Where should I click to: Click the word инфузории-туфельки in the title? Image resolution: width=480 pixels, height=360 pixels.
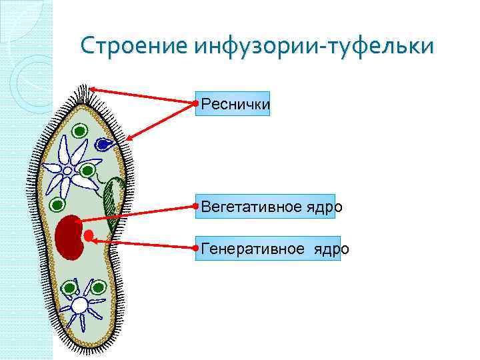click(x=314, y=47)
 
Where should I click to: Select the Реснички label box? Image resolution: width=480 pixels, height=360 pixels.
click(x=233, y=104)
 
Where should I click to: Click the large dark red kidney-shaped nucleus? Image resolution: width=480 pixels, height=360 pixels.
click(x=67, y=236)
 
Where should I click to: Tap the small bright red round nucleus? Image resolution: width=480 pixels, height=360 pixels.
click(x=89, y=235)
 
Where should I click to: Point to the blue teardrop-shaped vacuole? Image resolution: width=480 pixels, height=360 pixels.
click(x=103, y=143)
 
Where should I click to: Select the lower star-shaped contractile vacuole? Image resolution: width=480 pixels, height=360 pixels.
click(x=80, y=305)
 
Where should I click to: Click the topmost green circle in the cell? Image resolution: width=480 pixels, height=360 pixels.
click(x=79, y=131)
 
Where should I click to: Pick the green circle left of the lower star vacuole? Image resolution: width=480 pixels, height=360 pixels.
click(x=68, y=289)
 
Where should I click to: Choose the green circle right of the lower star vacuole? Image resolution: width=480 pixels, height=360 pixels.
click(x=98, y=288)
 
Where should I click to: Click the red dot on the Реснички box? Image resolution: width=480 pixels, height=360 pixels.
click(x=195, y=103)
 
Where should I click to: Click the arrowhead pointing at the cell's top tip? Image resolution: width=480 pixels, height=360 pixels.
click(x=94, y=89)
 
